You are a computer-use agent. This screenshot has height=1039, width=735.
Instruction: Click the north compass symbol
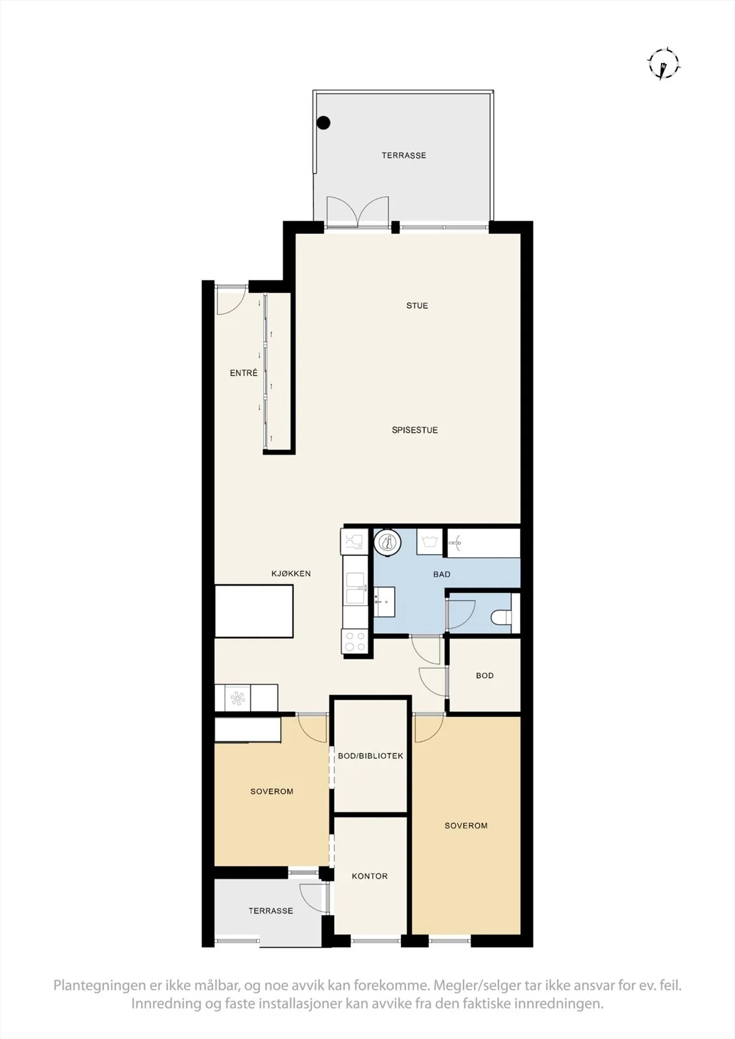[x=664, y=64]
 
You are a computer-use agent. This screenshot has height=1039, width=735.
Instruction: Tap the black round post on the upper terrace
[x=323, y=123]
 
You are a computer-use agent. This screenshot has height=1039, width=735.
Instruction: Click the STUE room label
[x=417, y=306]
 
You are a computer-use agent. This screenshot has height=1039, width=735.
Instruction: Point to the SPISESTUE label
[x=415, y=430]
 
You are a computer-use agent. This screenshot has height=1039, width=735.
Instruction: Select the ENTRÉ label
[x=244, y=373]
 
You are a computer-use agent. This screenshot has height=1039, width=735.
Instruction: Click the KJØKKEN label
[x=291, y=573]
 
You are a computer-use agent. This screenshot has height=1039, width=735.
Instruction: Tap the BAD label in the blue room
[x=441, y=574]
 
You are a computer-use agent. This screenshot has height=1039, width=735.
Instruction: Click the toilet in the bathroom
[x=502, y=616]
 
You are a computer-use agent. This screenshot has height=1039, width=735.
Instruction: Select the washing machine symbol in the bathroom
[x=430, y=542]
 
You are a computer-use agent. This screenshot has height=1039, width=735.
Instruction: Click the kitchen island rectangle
[x=254, y=611]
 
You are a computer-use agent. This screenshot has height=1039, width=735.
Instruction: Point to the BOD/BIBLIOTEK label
[x=370, y=756]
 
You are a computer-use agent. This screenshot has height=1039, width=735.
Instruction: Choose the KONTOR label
[x=370, y=876]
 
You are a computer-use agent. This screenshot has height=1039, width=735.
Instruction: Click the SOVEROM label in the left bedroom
[x=272, y=792]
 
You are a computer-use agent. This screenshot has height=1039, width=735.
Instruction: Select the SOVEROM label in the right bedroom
[x=466, y=825]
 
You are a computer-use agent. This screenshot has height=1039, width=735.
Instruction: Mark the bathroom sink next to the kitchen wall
[x=385, y=601]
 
